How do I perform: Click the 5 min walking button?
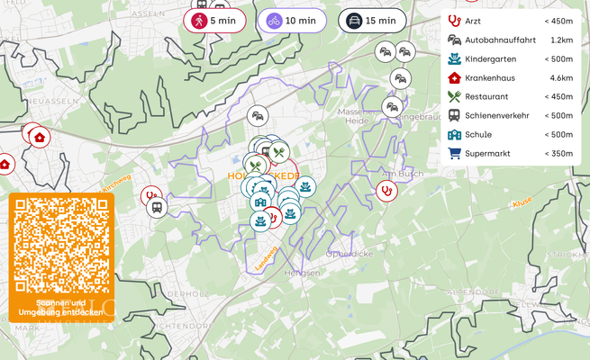click(x=214, y=20)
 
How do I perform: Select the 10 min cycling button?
click(x=292, y=20)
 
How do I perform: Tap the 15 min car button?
click(x=372, y=20)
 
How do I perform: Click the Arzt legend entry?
click(x=473, y=20)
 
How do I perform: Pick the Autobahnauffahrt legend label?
click(x=500, y=40)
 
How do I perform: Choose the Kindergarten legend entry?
click(x=491, y=58)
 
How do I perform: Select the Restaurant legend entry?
click(x=486, y=96)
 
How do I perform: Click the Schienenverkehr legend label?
click(x=497, y=115)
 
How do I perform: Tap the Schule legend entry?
click(x=478, y=134)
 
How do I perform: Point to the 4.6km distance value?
click(x=561, y=77)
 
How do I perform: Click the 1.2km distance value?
click(x=561, y=40)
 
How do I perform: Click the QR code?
click(x=61, y=243)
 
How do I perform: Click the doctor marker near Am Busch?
click(x=387, y=190)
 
